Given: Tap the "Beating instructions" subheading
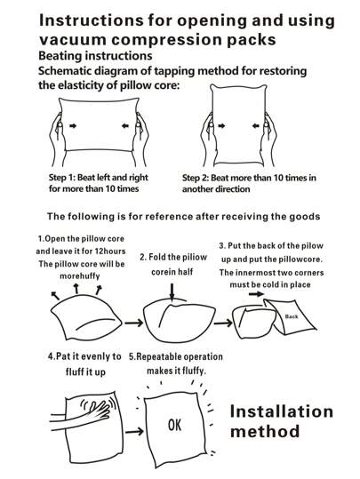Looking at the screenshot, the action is pyautogui.click(x=95, y=56).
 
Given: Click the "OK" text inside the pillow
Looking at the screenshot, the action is pyautogui.click(x=174, y=425).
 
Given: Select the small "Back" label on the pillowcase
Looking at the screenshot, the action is pyautogui.click(x=292, y=316).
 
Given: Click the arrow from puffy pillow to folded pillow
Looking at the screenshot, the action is pyautogui.click(x=133, y=323).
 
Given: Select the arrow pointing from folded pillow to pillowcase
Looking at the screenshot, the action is pyautogui.click(x=223, y=323).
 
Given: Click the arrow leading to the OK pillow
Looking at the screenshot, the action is pyautogui.click(x=134, y=431).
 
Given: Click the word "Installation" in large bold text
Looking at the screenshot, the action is pyautogui.click(x=281, y=411).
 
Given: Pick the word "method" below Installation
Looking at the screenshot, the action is pyautogui.click(x=265, y=431).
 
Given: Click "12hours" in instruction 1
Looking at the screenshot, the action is pyautogui.click(x=110, y=251).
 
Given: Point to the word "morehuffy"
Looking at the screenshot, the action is pyautogui.click(x=80, y=276).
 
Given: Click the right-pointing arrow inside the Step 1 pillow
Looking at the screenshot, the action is pyautogui.click(x=73, y=125).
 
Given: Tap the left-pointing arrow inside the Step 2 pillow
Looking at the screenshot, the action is pyautogui.click(x=256, y=125).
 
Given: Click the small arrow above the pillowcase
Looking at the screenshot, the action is pyautogui.click(x=256, y=294).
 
